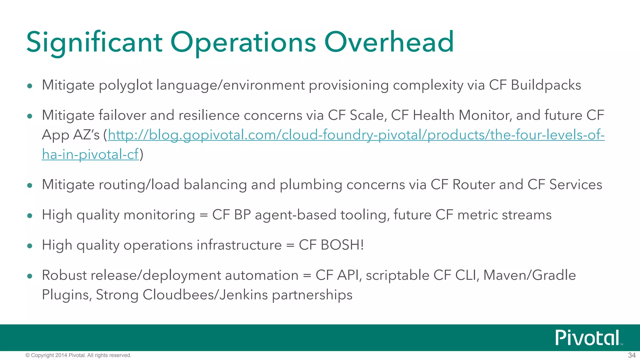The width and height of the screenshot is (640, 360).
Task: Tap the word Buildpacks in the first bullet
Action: point(546,85)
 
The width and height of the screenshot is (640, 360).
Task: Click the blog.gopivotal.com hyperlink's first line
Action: point(356,135)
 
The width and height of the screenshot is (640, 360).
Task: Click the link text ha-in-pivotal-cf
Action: point(90,154)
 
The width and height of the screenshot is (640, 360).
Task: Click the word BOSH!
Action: point(342,245)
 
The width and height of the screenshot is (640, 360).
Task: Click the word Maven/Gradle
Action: point(529,275)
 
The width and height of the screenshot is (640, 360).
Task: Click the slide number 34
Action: point(632,355)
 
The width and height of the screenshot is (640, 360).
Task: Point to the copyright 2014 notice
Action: point(78,355)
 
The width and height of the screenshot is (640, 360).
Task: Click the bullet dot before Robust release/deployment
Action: point(30,276)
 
